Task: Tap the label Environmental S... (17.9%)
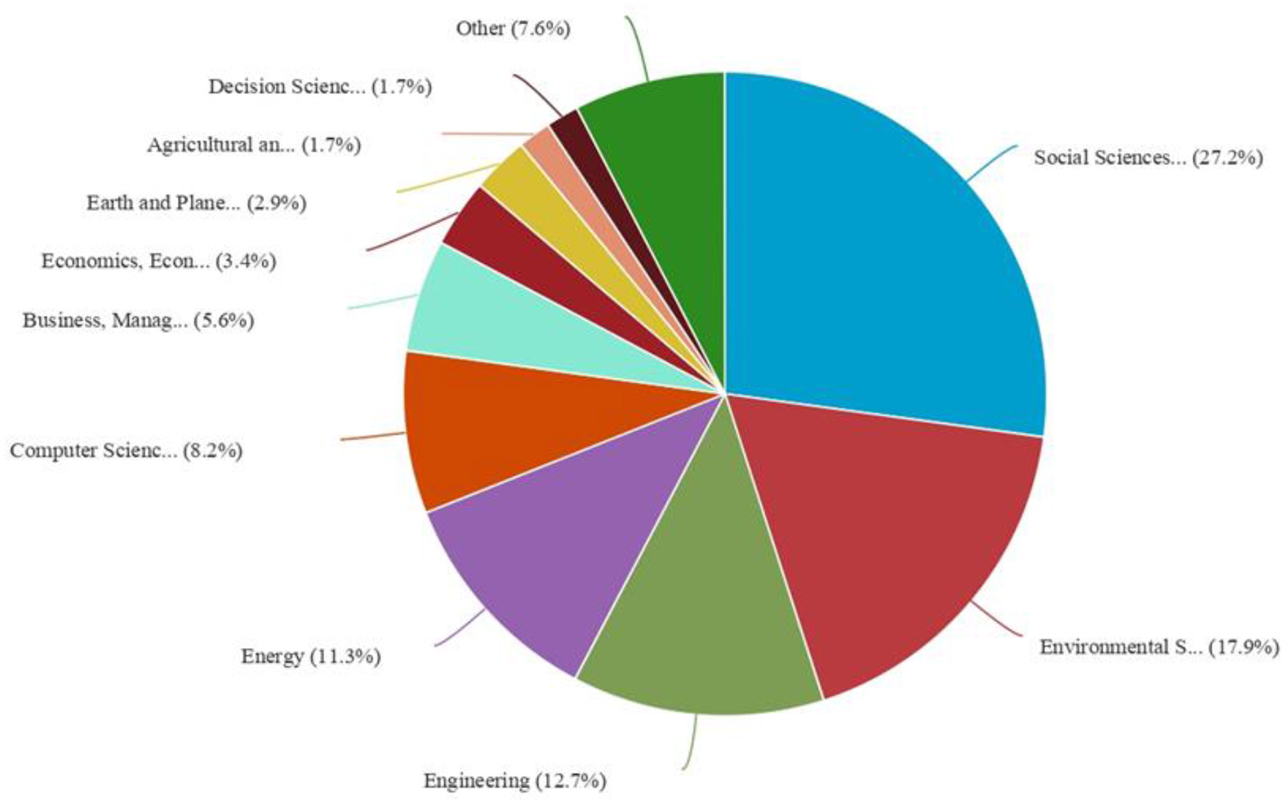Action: click(x=1159, y=647)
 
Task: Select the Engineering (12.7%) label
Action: click(x=515, y=781)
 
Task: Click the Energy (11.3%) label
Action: click(x=311, y=656)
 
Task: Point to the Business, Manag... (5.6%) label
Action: click(x=138, y=320)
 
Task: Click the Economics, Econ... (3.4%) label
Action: click(x=158, y=261)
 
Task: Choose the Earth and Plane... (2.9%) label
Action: click(x=196, y=202)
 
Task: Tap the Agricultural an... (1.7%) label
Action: click(x=254, y=145)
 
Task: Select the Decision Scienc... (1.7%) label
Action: click(x=320, y=86)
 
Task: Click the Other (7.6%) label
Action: click(x=513, y=28)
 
